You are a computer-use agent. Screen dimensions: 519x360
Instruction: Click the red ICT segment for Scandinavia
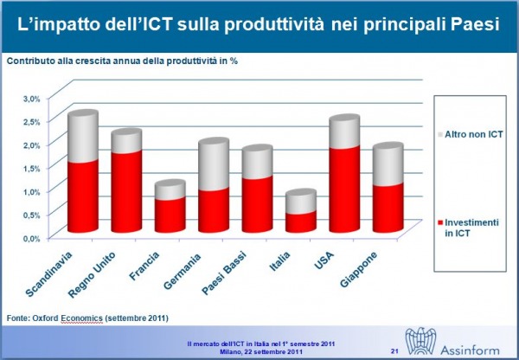click(83, 196)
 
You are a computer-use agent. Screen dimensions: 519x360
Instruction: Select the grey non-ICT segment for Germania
click(214, 164)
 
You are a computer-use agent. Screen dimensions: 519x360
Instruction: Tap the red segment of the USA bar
click(344, 190)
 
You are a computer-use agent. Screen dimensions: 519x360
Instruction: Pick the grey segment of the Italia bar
click(301, 202)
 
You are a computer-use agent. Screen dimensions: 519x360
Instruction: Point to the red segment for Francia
click(170, 215)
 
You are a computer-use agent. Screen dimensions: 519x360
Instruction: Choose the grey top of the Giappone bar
click(388, 164)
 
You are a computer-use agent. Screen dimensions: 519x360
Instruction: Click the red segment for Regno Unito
click(126, 191)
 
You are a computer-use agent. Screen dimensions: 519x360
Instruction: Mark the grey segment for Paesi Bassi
click(257, 162)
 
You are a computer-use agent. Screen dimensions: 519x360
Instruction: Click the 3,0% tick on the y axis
click(31, 99)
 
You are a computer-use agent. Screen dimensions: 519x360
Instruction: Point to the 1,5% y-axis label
click(31, 168)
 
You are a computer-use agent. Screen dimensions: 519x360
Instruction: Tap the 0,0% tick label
click(31, 239)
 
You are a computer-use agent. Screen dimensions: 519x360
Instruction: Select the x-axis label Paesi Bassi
click(224, 273)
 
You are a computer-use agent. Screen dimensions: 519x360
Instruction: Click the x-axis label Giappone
click(359, 269)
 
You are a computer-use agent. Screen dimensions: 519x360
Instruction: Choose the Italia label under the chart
click(279, 261)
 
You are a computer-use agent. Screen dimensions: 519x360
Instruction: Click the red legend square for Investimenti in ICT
click(440, 222)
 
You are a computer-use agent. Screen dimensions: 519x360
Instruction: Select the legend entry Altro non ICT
click(470, 134)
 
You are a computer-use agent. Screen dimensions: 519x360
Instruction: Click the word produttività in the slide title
click(274, 25)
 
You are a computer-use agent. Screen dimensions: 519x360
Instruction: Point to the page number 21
click(394, 350)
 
